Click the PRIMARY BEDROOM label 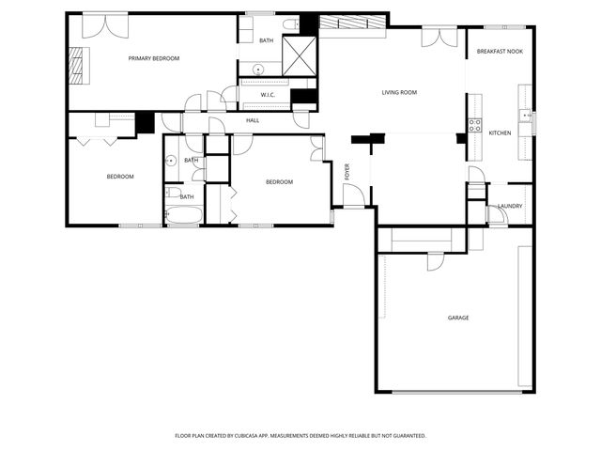tap(154, 58)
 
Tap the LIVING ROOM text tap(399, 92)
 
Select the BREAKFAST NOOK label tap(500, 51)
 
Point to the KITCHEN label tap(500, 132)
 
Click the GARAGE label tap(458, 318)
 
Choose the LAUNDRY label tap(510, 206)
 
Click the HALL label tap(253, 120)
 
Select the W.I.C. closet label tap(267, 94)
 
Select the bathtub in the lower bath tap(182, 216)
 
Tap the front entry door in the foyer tap(353, 196)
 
